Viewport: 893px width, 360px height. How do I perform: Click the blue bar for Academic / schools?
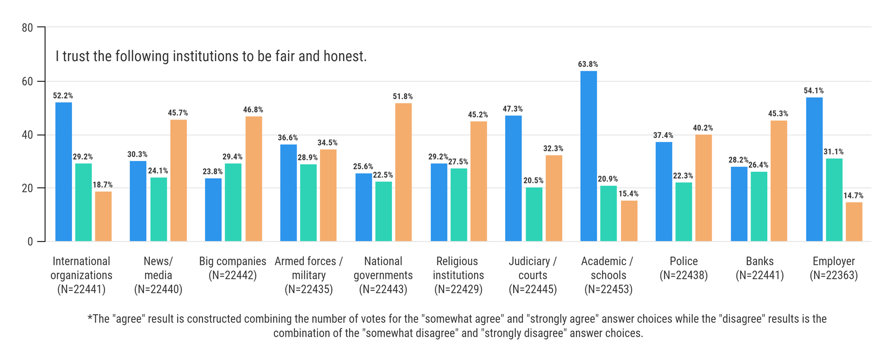pos(588,156)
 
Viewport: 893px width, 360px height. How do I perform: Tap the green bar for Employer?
pos(834,200)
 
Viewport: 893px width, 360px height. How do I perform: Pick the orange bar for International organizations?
pos(103,216)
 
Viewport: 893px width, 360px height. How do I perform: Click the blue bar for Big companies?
pos(213,210)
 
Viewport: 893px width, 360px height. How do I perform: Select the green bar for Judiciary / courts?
pos(534,214)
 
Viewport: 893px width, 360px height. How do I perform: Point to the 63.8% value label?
pos(588,64)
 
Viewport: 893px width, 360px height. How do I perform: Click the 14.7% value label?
pos(853,196)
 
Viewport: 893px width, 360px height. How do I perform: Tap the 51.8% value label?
pos(403,96)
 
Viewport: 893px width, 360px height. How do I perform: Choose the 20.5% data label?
pos(533,180)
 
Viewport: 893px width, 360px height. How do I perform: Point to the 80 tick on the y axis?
pos(27,28)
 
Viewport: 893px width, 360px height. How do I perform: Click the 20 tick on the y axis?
pos(27,188)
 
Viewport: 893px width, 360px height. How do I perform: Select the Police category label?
pos(684,261)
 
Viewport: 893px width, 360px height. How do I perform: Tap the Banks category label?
pos(760,261)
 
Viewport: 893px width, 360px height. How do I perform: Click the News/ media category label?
pos(158,268)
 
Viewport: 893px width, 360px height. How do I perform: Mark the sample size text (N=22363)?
pos(834,275)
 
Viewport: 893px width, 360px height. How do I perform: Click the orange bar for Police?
pos(703,188)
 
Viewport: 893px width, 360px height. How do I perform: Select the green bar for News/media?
pos(159,209)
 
